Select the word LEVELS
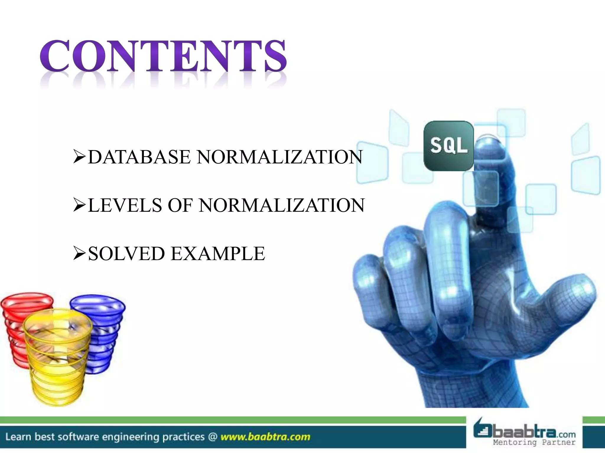point(125,205)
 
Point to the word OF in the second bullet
point(180,205)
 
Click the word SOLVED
point(126,254)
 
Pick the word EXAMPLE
point(218,254)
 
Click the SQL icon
point(448,146)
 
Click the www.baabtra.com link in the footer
point(265,437)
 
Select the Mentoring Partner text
point(534,442)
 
